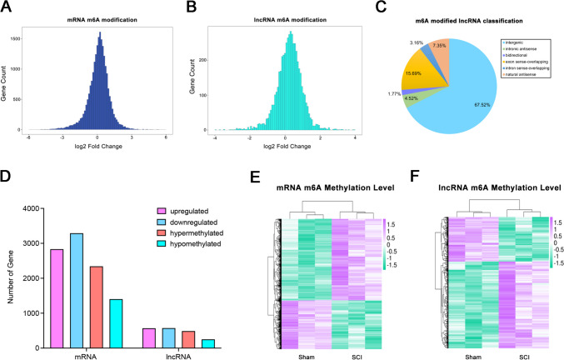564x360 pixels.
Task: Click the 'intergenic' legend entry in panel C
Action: (517, 39)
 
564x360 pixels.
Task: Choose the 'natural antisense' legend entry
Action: (525, 81)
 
